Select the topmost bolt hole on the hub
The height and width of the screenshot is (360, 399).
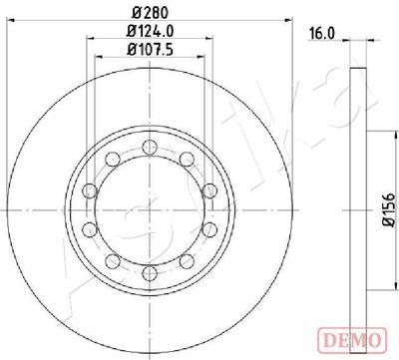(x=150, y=149)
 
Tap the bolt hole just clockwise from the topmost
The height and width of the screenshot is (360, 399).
(x=187, y=161)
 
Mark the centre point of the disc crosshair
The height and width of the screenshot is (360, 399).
(x=150, y=210)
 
